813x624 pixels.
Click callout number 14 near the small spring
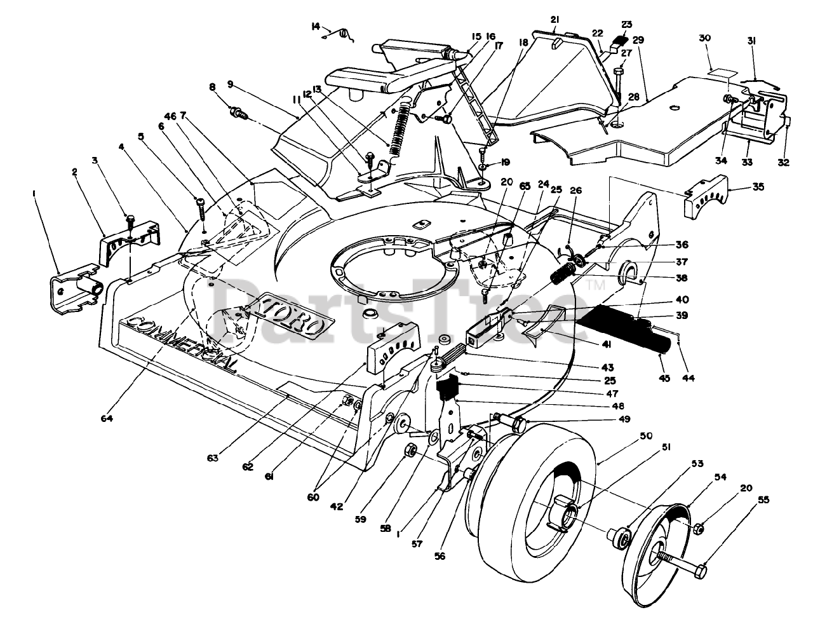(x=316, y=27)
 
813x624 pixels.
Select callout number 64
(x=107, y=417)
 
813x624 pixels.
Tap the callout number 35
(x=758, y=187)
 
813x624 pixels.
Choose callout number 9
(x=230, y=85)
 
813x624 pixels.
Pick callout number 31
(x=751, y=41)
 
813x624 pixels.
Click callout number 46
(x=170, y=116)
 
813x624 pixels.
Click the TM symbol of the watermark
(x=596, y=286)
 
